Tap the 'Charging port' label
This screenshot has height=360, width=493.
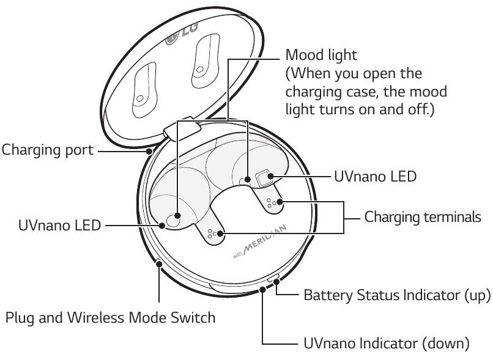coord(47,149)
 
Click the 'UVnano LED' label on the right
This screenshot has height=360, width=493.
coord(375,177)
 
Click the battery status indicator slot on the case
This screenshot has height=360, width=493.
coord(274,278)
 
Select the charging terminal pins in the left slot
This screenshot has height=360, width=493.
coord(213,233)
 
